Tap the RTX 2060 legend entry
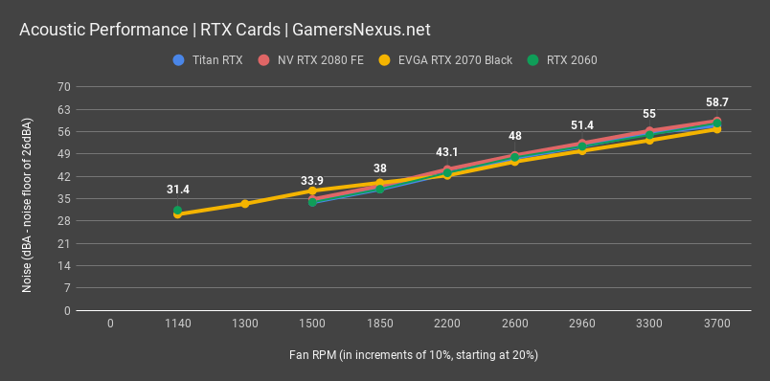566,60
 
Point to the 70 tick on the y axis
64,86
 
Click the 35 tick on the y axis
64,198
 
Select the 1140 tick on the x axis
177,325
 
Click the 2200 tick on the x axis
447,325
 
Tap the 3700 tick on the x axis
716,325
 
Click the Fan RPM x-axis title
413,355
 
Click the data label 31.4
177,190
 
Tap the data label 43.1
447,151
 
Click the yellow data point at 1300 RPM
245,204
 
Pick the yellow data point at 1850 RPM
380,183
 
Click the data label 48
514,136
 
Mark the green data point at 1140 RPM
177,211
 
